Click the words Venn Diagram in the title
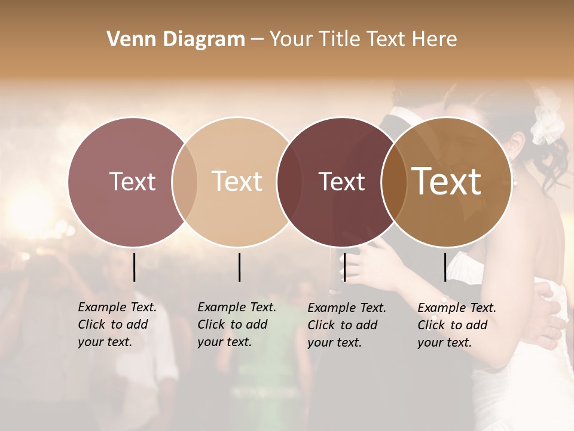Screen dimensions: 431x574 point(176,39)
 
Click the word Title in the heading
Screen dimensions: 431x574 point(339,39)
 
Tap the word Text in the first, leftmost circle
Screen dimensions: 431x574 point(132,181)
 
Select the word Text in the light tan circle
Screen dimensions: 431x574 point(237,181)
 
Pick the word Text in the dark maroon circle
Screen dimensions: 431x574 point(341,181)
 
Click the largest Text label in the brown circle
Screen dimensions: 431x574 point(447,181)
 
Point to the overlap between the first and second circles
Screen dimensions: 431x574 point(185,182)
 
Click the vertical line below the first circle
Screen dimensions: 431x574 point(134,267)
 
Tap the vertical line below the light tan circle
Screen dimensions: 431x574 point(239,267)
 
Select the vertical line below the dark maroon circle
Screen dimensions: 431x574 point(344,267)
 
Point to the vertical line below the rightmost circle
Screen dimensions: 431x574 point(445,267)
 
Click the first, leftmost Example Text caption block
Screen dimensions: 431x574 point(117,324)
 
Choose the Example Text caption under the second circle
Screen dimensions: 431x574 point(237,324)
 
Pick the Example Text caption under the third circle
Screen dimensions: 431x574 point(347,325)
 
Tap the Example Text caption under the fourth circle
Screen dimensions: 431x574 point(457,325)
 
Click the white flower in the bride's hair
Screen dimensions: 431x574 point(548,123)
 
